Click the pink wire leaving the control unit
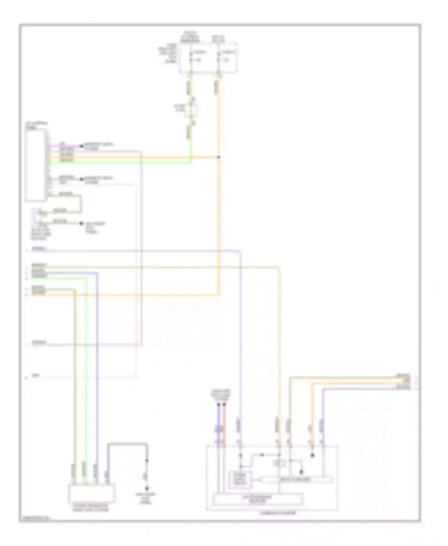pos(64,146)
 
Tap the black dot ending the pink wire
pos(81,146)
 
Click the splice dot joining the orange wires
pos(219,157)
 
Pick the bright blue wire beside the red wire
pos(219,424)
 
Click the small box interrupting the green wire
pos(191,111)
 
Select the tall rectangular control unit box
pos(36,165)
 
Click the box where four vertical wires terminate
pos(92,494)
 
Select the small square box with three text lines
pos(240,480)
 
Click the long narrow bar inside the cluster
pos(296,480)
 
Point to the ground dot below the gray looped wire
pos(147,489)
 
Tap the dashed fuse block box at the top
pos(209,58)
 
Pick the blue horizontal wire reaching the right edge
pos(358,388)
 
